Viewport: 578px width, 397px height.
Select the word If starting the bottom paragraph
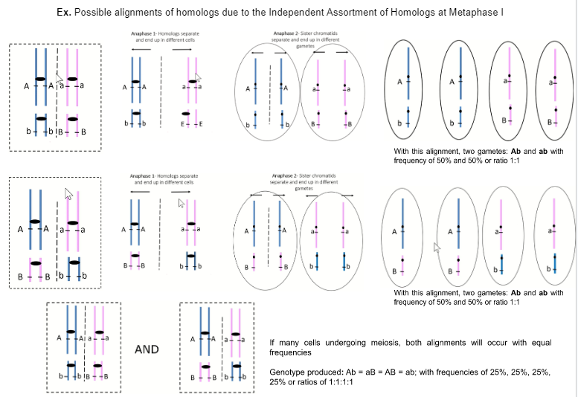272,340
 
